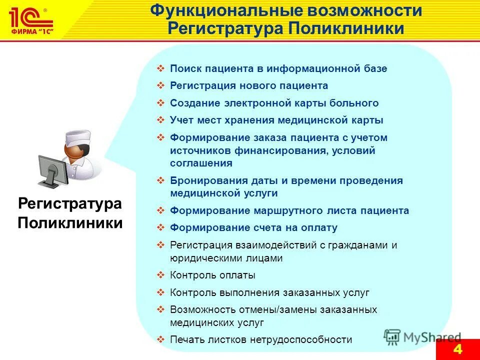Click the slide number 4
(457, 349)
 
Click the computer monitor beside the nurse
(52, 168)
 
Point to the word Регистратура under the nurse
(70, 204)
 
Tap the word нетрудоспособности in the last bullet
(302, 339)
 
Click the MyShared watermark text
(431, 337)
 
